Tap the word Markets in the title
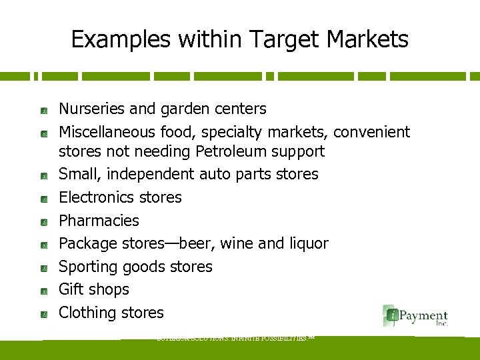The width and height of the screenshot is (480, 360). click(369, 40)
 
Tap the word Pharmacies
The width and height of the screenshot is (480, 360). click(99, 221)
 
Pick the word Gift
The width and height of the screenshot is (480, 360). click(69, 289)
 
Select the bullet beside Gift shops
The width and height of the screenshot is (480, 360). click(43, 291)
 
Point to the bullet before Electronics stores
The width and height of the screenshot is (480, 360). click(43, 199)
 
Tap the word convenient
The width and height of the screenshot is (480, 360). click(371, 132)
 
